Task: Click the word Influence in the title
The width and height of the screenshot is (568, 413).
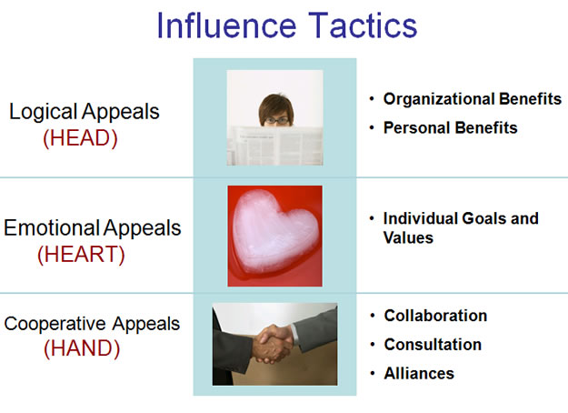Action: pos(226,25)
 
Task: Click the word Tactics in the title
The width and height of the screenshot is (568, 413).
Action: pos(363,25)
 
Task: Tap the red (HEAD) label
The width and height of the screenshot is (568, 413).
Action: pos(80,138)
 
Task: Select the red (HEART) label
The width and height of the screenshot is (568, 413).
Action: pos(81,254)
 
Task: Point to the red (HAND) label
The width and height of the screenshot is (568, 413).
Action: pos(82,348)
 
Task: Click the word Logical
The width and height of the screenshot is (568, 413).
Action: pos(43,112)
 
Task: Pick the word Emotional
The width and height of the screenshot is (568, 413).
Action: pos(52,227)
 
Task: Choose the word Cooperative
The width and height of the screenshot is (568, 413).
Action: pos(55,324)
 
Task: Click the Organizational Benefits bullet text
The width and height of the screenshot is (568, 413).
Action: pos(473,99)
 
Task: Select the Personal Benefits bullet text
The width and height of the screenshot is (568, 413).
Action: pos(450,127)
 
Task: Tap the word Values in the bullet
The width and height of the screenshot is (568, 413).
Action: pos(408,237)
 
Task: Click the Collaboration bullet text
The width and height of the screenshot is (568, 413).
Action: pos(435,316)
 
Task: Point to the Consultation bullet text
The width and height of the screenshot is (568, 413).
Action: pos(433,345)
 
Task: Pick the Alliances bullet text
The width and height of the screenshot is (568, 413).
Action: pos(419,374)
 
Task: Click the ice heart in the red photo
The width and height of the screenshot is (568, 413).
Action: pos(275,232)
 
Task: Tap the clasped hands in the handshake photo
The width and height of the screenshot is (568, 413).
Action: pos(273,343)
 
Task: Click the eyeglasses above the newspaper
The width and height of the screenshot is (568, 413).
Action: pos(276,120)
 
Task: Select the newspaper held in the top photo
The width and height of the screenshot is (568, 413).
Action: pos(275,146)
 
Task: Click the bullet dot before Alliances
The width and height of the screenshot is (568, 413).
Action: pos(372,374)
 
